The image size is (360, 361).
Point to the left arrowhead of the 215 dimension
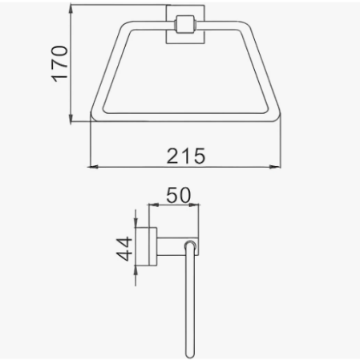tap(90, 167)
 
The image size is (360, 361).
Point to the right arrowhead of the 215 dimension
tap(282, 167)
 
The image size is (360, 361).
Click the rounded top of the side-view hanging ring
tap(191, 243)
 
